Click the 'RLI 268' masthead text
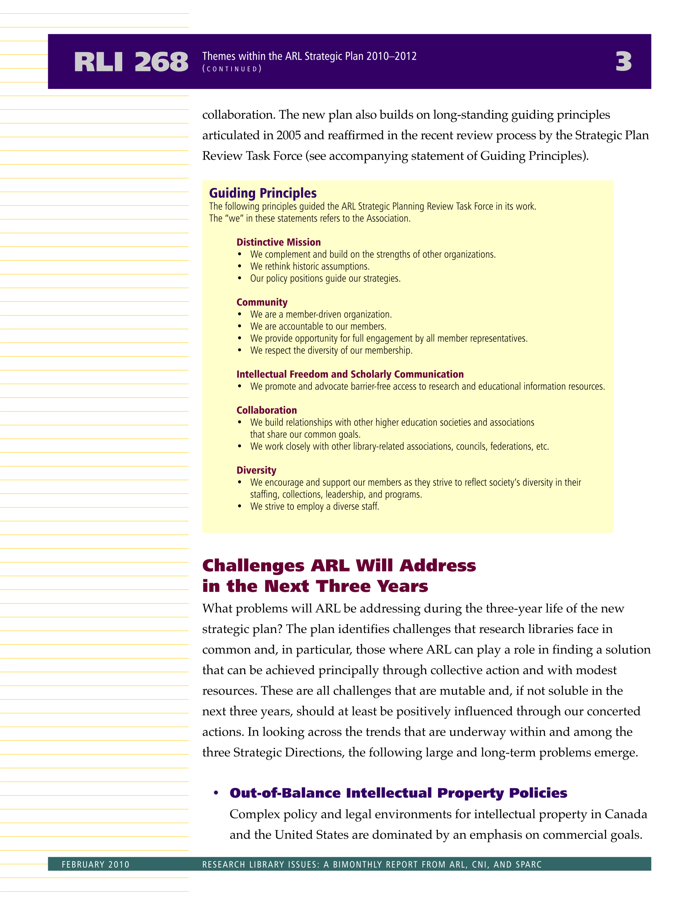click(x=131, y=62)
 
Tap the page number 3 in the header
click(x=623, y=62)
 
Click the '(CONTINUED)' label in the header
click(x=232, y=69)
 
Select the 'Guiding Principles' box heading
click(x=263, y=193)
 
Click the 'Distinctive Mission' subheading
click(x=279, y=242)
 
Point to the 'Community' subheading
click(x=262, y=303)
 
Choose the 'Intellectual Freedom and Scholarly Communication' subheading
click(x=350, y=375)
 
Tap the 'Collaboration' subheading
click(x=266, y=411)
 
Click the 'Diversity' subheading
click(x=256, y=471)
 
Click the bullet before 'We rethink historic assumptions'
click(x=239, y=267)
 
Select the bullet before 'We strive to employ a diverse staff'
click(x=239, y=506)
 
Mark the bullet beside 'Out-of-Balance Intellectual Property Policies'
click(x=216, y=793)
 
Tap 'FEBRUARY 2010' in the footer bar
click(x=96, y=864)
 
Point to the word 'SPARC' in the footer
click(x=528, y=864)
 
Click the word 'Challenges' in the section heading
click(x=253, y=566)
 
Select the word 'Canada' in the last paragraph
click(x=625, y=814)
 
